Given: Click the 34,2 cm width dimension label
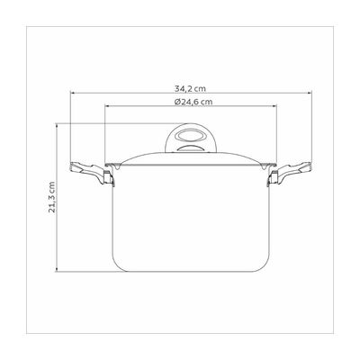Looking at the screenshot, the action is point(190,89).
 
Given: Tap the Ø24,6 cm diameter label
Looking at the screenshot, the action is point(193,102).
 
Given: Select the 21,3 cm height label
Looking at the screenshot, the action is point(52,197).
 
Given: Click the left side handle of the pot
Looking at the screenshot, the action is point(91,173).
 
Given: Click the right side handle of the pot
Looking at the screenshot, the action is point(290,173).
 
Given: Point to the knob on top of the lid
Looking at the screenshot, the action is point(191,139).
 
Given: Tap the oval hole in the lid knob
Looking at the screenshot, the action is point(191,135).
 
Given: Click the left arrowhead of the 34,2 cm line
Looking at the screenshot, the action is point(72,93).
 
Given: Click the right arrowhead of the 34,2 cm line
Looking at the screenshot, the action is point(310,93).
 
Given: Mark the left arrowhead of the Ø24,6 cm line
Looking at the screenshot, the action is point(106,106).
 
